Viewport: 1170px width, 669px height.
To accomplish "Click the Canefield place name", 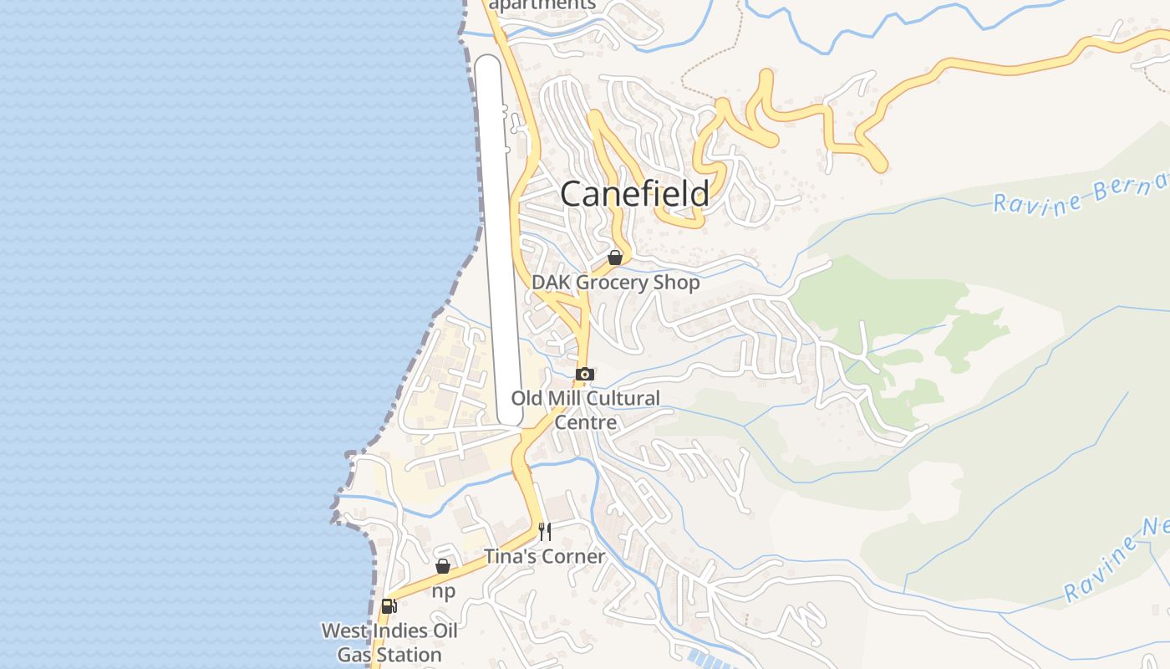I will (634, 194).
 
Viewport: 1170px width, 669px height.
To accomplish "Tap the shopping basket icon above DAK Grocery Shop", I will (615, 258).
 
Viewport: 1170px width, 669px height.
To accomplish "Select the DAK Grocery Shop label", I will (616, 283).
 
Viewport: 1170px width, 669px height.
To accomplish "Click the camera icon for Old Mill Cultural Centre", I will (585, 374).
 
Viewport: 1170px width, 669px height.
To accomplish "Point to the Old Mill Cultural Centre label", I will (586, 410).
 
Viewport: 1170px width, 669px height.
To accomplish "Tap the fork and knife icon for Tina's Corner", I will (545, 531).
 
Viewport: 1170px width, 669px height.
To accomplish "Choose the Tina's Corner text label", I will (545, 556).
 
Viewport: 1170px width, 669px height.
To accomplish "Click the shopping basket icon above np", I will (443, 566).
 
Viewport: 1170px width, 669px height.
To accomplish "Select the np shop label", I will (444, 591).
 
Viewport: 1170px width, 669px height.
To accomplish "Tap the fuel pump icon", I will (388, 606).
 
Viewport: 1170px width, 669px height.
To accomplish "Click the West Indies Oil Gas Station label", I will (389, 642).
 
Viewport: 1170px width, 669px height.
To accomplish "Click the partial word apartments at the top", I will (542, 5).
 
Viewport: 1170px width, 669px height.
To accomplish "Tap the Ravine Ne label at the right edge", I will (1117, 561).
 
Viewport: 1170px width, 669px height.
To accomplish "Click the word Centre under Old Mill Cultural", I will (586, 422).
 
